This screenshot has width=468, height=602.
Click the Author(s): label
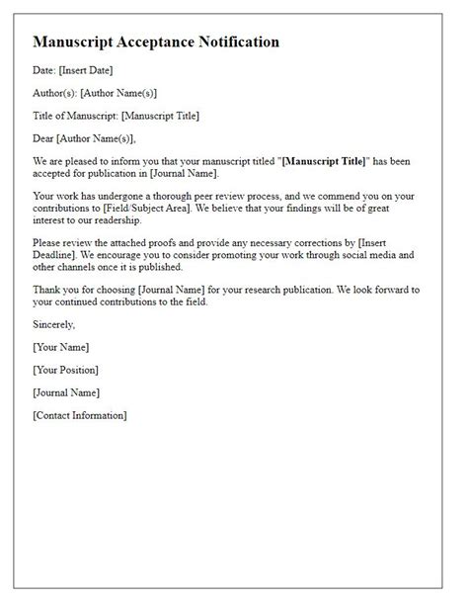pos(58,94)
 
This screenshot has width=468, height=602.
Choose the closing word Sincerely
pos(53,323)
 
